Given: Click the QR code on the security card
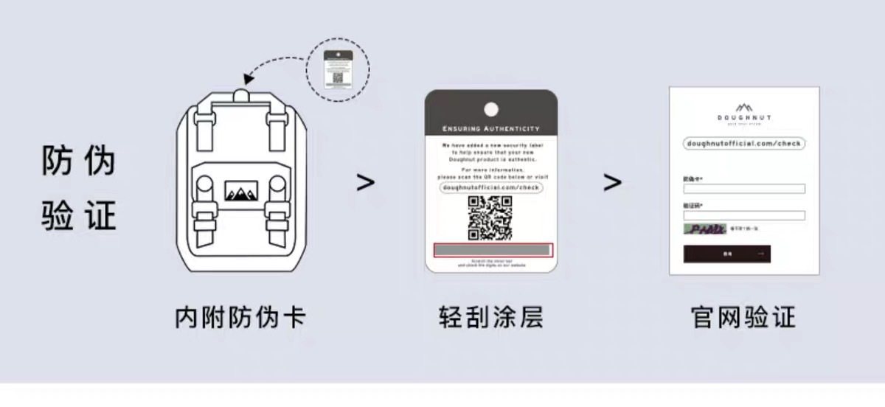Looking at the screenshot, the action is click(490, 218).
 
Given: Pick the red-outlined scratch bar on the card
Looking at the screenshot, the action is click(490, 251).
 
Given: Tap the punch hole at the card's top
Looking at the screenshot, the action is click(490, 110).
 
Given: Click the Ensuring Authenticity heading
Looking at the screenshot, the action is click(490, 128).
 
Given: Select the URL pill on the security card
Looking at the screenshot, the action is click(490, 188).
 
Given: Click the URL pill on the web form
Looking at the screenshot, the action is click(744, 143).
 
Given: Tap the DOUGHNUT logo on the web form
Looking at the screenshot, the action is click(744, 112).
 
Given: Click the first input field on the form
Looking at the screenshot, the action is click(744, 189).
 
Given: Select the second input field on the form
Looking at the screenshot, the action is click(744, 215).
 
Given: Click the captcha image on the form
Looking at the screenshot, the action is click(704, 229).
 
